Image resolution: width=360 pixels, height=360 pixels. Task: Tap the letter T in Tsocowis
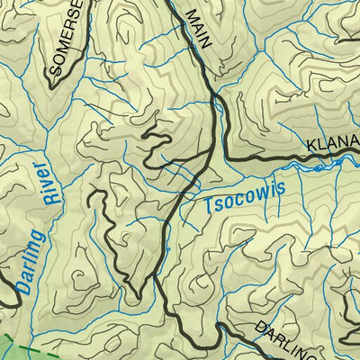tap(209, 206)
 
